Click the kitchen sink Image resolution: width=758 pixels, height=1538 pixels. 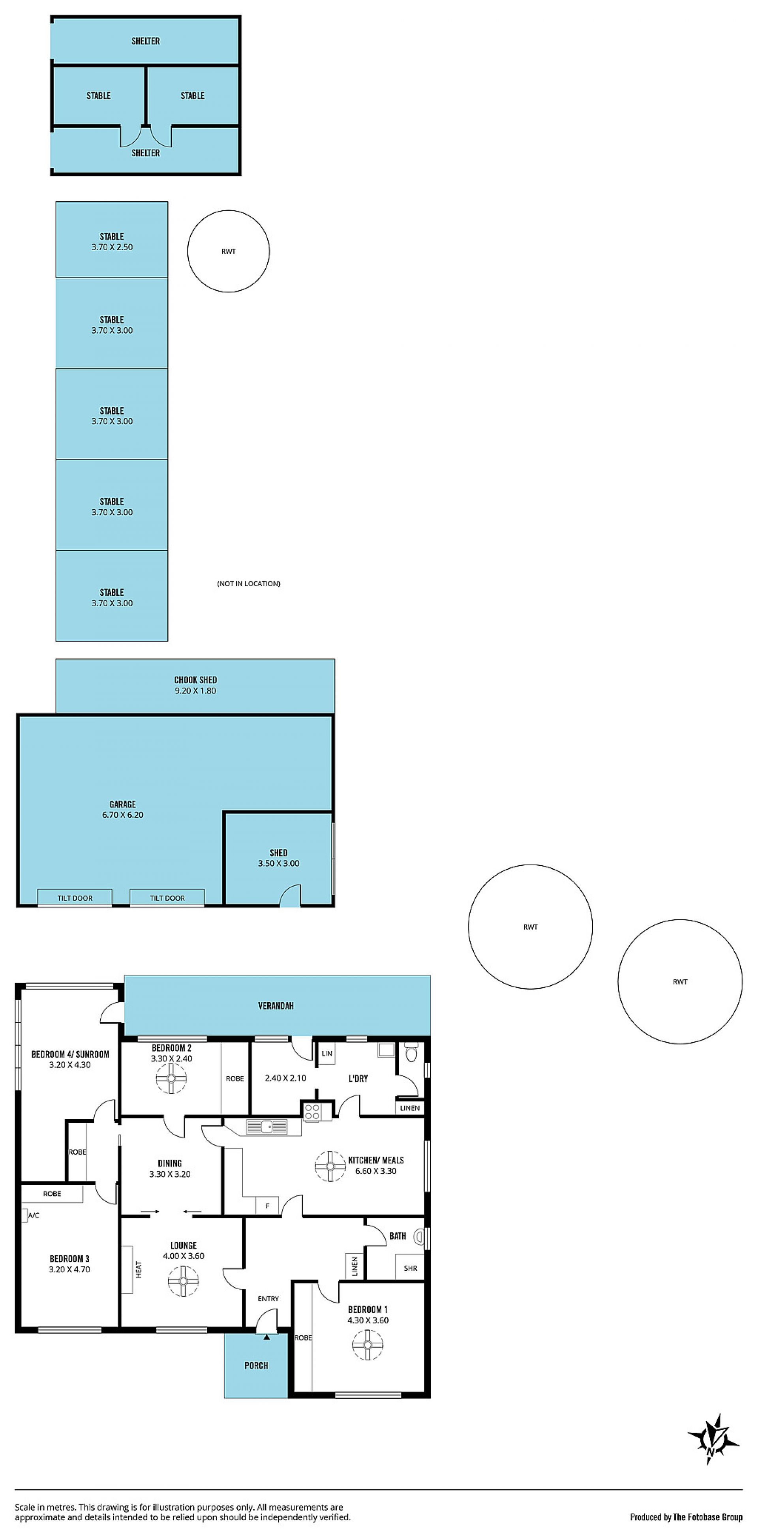point(266,1127)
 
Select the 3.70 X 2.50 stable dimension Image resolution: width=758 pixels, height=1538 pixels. point(112,247)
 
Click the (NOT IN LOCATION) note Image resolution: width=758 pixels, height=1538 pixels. point(248,583)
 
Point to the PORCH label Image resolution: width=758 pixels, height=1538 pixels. point(256,1365)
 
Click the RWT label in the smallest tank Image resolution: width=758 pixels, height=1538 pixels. point(228,251)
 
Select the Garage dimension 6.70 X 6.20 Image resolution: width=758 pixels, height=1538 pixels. point(122,815)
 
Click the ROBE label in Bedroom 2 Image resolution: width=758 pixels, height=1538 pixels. point(235,1078)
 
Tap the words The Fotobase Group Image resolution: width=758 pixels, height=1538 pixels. point(708,1517)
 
